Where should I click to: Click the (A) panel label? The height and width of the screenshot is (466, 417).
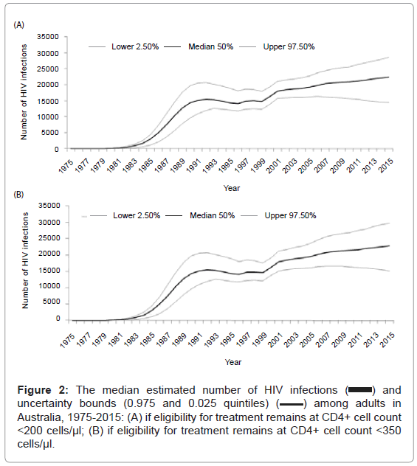click(18, 25)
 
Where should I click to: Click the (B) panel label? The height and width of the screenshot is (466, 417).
click(18, 195)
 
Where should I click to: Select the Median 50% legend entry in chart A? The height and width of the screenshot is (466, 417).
click(199, 46)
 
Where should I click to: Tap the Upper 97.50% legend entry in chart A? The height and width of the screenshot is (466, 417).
click(278, 46)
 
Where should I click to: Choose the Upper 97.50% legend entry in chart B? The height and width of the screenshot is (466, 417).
click(279, 215)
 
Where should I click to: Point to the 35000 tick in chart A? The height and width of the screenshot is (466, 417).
click(48, 37)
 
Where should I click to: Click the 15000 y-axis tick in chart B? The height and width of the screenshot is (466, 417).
click(49, 271)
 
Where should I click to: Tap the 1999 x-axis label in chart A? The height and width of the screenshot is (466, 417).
click(258, 166)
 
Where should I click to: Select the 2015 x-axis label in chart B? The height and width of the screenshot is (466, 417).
click(388, 340)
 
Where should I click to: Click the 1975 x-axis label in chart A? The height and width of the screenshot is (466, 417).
click(66, 166)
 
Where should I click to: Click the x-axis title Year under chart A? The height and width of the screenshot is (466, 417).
click(232, 188)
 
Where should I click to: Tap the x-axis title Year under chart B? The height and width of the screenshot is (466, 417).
click(233, 362)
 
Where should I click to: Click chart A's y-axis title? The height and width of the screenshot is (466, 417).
click(24, 92)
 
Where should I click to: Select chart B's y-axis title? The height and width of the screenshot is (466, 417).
click(25, 260)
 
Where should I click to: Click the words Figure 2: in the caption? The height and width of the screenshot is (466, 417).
click(43, 390)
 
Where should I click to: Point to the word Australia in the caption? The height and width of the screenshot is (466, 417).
click(40, 417)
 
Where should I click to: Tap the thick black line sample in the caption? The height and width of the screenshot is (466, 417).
click(360, 390)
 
